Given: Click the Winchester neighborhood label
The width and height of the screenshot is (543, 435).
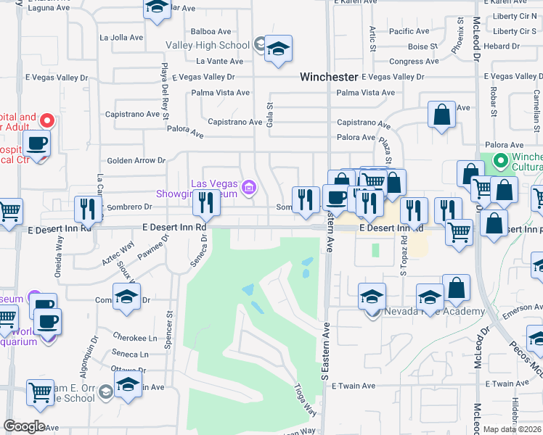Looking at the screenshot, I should pyautogui.click(x=330, y=76).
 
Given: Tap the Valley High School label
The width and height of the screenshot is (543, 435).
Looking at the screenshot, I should pyautogui.click(x=208, y=45).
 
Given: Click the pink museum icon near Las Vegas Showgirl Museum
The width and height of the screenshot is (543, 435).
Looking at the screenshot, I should pyautogui.click(x=249, y=188).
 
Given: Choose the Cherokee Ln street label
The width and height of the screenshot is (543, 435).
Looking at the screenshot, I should pyautogui.click(x=134, y=337).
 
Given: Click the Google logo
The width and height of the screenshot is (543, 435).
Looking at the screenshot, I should pyautogui.click(x=24, y=426).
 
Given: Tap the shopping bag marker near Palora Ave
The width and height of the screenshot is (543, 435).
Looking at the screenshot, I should pyautogui.click(x=441, y=115).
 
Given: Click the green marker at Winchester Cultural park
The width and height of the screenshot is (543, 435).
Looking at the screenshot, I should pyautogui.click(x=499, y=160).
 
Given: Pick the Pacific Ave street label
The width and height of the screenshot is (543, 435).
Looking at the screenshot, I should pyautogui.click(x=409, y=31).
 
